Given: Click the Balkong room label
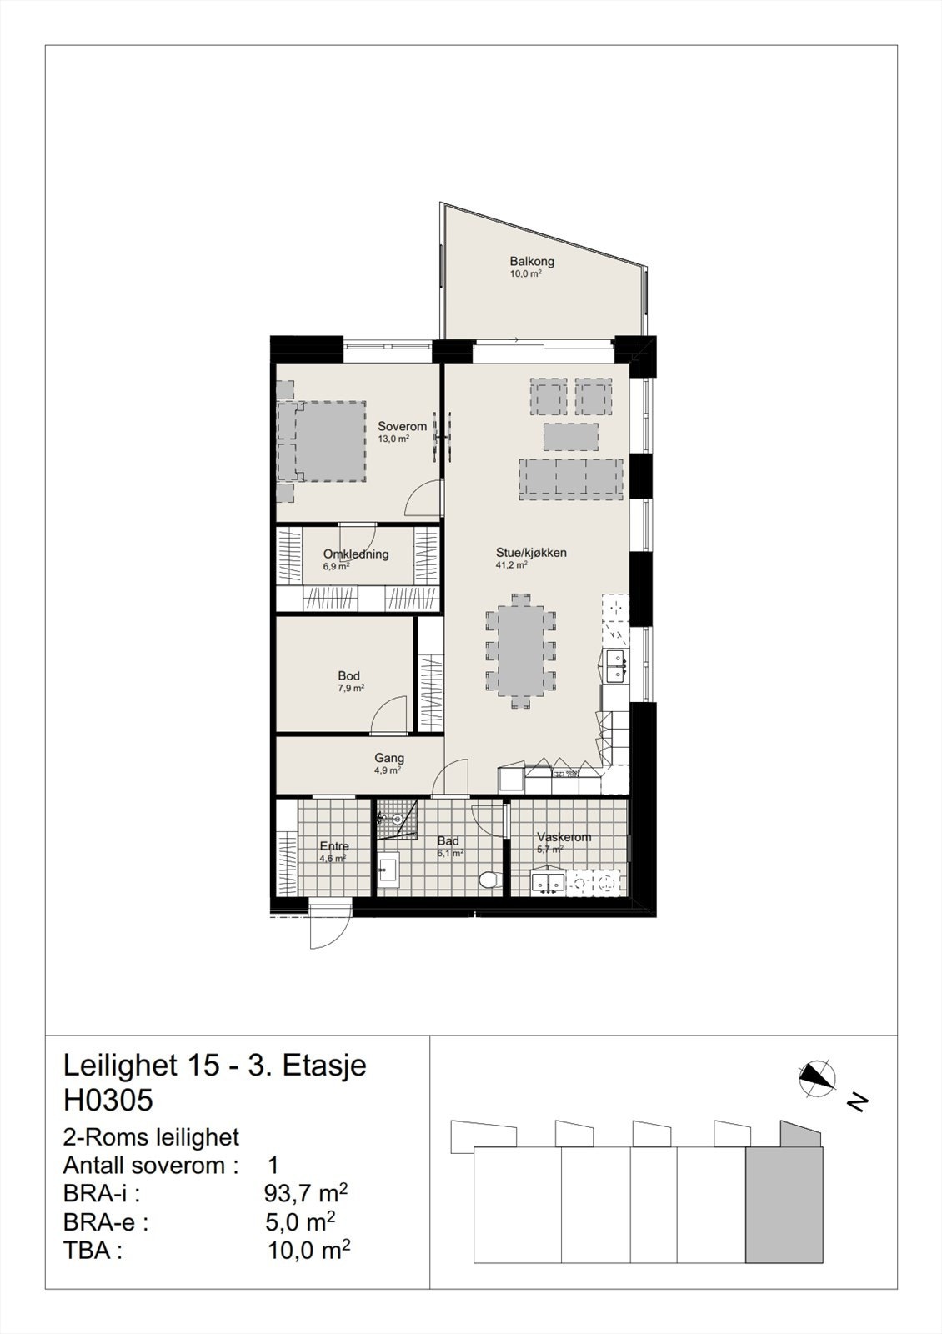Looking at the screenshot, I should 532,262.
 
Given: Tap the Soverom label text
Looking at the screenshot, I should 402,426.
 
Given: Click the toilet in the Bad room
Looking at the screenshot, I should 490,880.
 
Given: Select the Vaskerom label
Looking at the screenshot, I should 564,837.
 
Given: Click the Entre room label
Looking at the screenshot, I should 334,846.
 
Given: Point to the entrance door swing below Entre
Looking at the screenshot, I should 330,925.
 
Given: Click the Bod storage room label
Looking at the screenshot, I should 348,675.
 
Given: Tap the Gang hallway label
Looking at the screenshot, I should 389,758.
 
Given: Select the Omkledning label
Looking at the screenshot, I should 356,554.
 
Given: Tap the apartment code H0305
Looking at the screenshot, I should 108,1101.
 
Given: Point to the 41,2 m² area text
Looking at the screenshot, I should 511,565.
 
